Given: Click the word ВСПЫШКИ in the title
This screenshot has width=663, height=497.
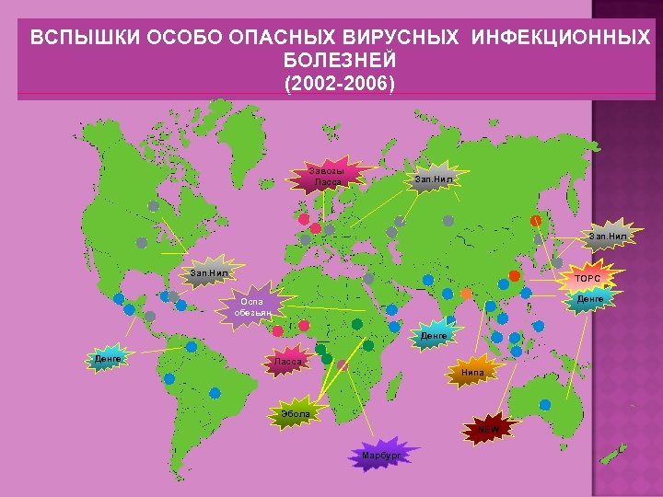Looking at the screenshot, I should tap(73, 40).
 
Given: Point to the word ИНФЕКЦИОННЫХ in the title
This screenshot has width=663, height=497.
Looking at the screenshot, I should tap(562, 40).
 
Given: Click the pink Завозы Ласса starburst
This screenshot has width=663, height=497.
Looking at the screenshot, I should tap(328, 176).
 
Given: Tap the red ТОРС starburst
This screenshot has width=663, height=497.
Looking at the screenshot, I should tap(587, 277).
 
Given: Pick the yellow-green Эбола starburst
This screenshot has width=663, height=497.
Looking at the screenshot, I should tap(296, 414).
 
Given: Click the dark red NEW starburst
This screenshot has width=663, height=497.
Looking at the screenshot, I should tap(488, 428).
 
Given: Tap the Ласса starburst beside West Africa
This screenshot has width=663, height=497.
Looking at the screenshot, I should tap(287, 362).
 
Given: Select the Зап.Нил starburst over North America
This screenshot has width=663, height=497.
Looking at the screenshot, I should tap(208, 272).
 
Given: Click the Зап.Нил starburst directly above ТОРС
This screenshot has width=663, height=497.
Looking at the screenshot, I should tap(607, 237).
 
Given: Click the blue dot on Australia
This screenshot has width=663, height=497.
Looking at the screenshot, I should tap(545, 404).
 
